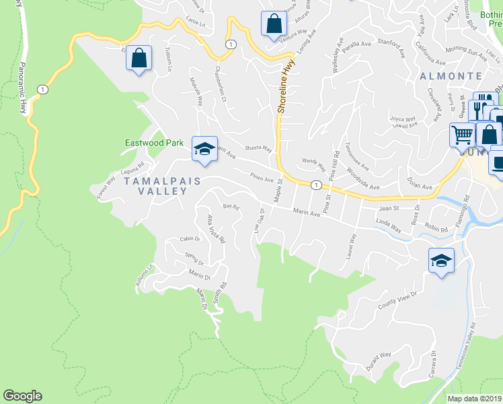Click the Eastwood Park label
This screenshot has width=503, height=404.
[x=154, y=143]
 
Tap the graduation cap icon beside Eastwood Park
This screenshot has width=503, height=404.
[x=204, y=149]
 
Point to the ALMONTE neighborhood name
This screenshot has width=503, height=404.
[x=451, y=76]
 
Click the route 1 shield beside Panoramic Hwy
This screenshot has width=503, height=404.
[x=42, y=89]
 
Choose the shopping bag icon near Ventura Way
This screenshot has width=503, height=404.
[x=274, y=24]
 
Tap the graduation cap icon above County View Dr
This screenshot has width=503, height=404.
[x=441, y=261]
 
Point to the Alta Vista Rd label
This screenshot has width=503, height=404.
[x=216, y=228]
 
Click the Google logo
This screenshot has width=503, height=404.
[x=22, y=396]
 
